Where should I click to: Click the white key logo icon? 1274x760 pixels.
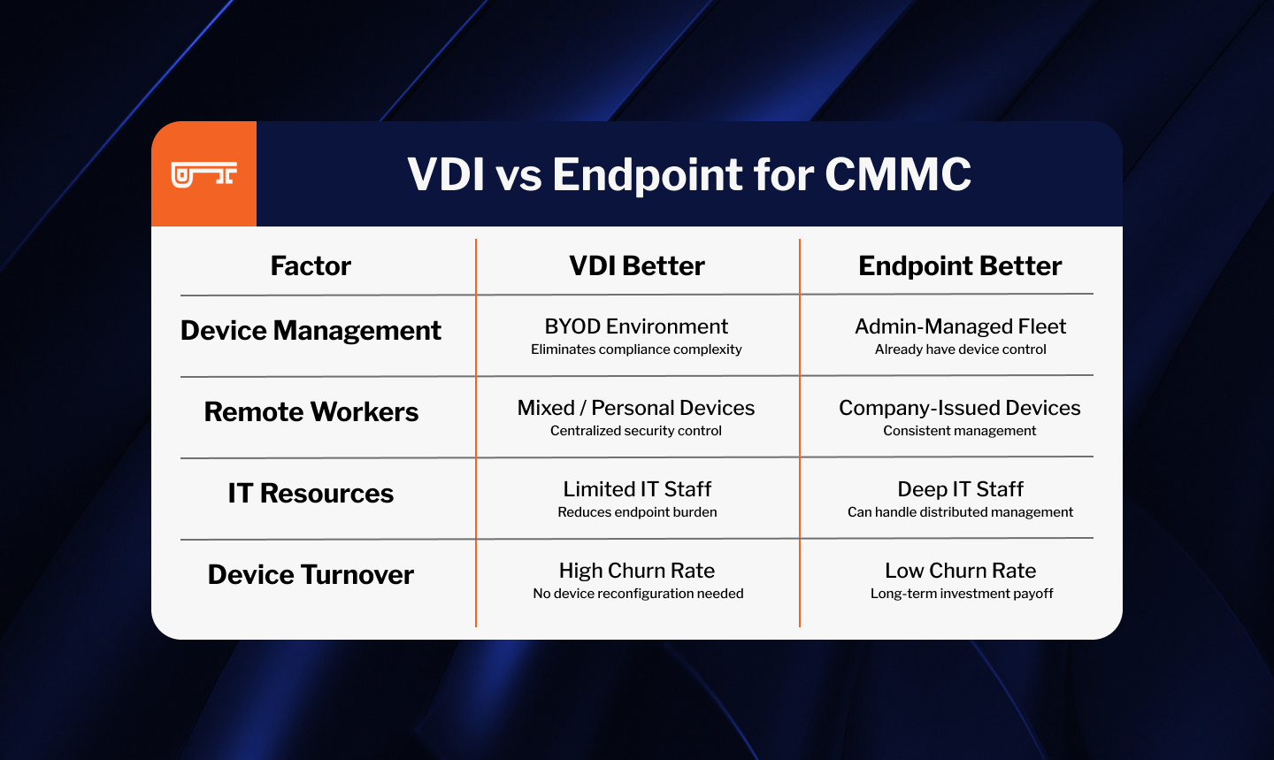tap(203, 174)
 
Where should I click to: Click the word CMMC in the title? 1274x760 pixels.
tap(898, 174)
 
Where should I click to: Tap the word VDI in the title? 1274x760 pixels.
tap(446, 174)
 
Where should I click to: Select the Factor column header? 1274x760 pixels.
tap(311, 265)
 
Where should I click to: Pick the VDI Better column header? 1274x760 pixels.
tap(637, 265)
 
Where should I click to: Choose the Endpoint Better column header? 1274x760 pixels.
tap(960, 265)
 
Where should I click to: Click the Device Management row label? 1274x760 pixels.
tap(311, 331)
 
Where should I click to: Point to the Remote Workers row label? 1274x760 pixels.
tap(311, 412)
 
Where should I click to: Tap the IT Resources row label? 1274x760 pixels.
tap(311, 493)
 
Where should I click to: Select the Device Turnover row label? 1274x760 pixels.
tap(311, 574)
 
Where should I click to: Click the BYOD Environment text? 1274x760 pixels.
tap(636, 326)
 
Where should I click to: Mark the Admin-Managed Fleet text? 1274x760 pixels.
tap(960, 327)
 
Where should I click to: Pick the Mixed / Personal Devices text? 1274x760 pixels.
tap(636, 408)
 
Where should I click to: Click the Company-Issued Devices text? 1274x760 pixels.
tap(959, 409)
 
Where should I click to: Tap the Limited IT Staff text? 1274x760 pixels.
tap(637, 489)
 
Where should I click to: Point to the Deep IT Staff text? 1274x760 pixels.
tap(960, 490)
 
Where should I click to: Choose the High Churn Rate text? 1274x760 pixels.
tap(637, 571)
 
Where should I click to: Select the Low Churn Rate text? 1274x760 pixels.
tap(960, 571)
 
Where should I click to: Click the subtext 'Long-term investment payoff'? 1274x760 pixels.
tap(962, 594)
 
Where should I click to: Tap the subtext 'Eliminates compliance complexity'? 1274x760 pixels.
tap(636, 349)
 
